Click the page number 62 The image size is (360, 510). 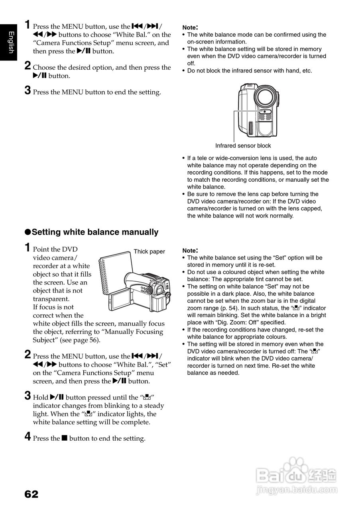coord(31,494)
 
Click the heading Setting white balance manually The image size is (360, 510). coord(95,232)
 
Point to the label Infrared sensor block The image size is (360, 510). coord(243,145)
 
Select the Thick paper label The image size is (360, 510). coord(149,251)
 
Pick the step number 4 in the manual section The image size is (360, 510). coord(28,437)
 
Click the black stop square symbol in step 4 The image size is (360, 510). coord(64,439)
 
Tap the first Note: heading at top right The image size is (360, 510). coord(190,27)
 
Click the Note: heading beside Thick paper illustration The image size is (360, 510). coord(190,251)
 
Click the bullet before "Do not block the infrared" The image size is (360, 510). coord(183,71)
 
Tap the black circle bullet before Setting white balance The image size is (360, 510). coord(28,232)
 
